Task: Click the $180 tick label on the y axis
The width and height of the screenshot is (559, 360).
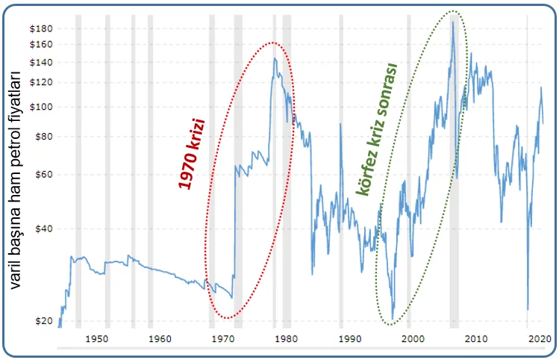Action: (42, 28)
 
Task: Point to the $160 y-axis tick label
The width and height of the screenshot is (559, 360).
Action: (42, 45)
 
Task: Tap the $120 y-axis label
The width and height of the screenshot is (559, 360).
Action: (42, 82)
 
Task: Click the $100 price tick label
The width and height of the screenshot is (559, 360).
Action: (42, 107)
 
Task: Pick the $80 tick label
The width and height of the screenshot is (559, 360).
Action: (44, 137)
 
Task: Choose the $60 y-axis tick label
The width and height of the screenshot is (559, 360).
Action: (44, 175)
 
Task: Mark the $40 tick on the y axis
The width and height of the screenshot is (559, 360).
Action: (44, 229)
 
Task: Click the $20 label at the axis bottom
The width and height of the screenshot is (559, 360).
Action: (44, 321)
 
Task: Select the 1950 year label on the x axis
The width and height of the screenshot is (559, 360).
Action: (96, 338)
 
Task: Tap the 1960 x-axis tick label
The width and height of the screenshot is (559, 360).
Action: (160, 338)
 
